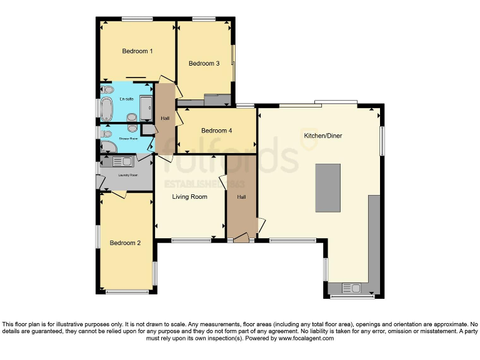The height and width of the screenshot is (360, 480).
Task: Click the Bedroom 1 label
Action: [137, 51]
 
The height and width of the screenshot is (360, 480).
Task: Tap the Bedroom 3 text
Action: [204, 63]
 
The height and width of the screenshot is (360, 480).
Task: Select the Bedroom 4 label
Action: [216, 131]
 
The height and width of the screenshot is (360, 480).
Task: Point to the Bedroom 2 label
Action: [125, 243]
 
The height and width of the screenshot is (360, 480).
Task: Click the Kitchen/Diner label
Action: [322, 136]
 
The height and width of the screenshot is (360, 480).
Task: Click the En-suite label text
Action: [126, 99]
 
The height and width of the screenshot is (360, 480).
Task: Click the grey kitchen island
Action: [328, 188]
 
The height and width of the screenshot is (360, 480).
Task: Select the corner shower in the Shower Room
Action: [107, 147]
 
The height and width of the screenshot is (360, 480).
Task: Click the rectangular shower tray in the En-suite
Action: [146, 108]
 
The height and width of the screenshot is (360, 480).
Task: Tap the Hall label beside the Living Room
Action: [241, 197]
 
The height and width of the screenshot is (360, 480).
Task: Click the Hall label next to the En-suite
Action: [165, 118]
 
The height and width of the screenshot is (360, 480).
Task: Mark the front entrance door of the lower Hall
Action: [241, 237]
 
